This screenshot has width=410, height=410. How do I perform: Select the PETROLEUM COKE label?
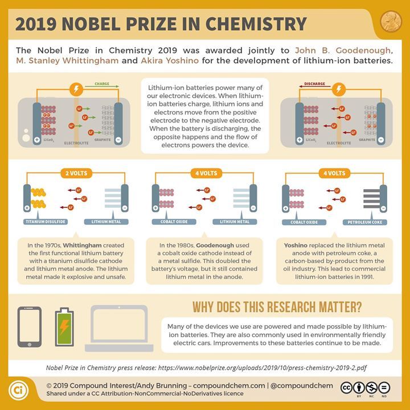tap(363, 221)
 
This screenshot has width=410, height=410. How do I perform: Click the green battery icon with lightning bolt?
tap(63, 327)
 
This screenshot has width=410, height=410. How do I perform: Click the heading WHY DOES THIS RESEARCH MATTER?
tap(277, 307)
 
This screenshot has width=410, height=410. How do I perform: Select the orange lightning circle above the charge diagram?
tap(75, 89)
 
